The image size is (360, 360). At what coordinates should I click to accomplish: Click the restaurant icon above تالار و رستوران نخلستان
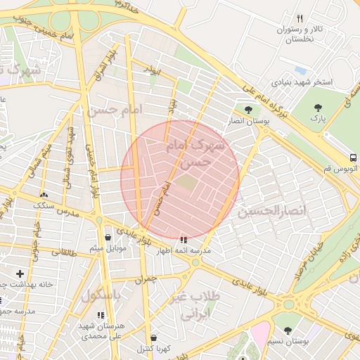coord(300,18)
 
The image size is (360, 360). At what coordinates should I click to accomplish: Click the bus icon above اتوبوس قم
coord(354,157)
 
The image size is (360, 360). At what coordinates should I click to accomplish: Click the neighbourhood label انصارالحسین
coord(274,210)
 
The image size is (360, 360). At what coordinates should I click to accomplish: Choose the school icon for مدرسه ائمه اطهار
coord(184,240)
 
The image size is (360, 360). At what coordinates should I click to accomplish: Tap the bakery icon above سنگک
coord(44,195)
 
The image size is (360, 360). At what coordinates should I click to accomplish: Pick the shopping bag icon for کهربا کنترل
coord(154,337)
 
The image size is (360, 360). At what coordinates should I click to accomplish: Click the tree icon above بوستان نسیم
coord(287,330)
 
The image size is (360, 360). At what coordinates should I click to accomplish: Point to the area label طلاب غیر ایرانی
coord(196,305)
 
